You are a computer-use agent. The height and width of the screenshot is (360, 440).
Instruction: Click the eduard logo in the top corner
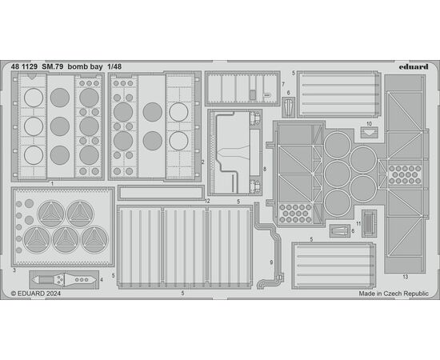(x=414, y=66)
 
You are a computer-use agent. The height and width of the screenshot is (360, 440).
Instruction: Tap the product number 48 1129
(x=24, y=67)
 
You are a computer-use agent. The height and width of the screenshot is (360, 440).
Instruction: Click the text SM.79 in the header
(x=53, y=67)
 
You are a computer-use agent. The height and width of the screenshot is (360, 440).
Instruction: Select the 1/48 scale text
(x=114, y=67)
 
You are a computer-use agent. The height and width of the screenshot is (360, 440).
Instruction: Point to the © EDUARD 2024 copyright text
(x=36, y=294)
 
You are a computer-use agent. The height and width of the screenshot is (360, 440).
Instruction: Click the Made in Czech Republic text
(x=394, y=294)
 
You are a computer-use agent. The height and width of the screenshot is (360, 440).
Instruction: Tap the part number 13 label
(x=406, y=277)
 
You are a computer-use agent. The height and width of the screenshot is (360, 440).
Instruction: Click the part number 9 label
(x=271, y=262)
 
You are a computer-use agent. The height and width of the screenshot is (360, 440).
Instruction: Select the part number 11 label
(x=358, y=224)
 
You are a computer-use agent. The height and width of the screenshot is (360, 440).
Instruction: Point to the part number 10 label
(x=369, y=124)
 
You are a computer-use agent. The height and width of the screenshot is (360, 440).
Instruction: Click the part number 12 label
(x=207, y=201)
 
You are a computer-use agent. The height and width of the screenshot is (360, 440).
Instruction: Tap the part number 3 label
(x=14, y=270)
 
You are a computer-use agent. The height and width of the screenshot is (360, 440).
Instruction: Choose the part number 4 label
(x=102, y=279)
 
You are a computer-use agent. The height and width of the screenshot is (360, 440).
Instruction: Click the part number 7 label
(x=283, y=84)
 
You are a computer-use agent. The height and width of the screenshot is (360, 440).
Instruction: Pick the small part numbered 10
(x=369, y=132)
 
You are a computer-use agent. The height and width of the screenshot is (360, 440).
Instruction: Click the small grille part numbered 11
(x=369, y=223)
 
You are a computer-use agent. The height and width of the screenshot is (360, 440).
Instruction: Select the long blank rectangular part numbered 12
(x=161, y=193)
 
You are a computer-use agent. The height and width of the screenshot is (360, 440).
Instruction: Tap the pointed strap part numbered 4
(x=64, y=280)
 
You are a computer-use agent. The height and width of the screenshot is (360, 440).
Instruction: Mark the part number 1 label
(x=52, y=183)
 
